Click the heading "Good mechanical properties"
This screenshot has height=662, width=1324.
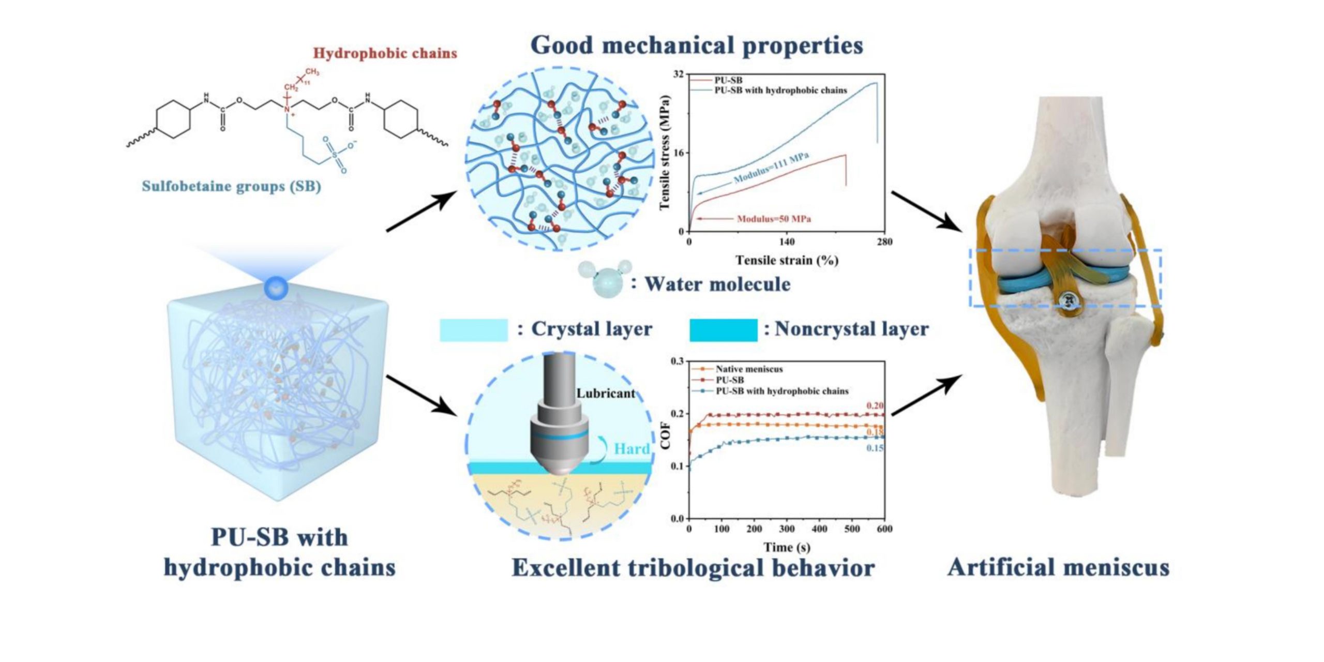pos(697,46)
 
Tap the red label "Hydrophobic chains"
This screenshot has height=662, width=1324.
pos(385,53)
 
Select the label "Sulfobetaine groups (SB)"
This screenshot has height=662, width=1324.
pos(231,186)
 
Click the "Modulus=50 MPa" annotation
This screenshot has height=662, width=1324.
pos(774,219)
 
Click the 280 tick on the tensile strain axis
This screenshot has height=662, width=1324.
pos(884,242)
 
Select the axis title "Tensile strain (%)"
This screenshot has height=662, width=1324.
pos(787,260)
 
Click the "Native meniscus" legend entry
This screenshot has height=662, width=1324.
pos(749,369)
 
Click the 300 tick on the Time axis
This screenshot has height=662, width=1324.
pos(787,529)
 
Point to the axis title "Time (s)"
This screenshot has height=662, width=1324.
pos(787,547)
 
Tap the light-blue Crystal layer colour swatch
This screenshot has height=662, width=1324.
pos(473,330)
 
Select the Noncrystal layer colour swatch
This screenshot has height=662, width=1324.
pos(723,330)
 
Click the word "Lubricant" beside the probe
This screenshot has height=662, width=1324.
pos(606,394)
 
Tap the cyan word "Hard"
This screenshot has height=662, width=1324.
pos(631,449)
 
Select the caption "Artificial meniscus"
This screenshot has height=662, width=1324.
pos(1058,568)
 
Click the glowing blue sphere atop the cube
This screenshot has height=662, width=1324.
pos(276,288)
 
